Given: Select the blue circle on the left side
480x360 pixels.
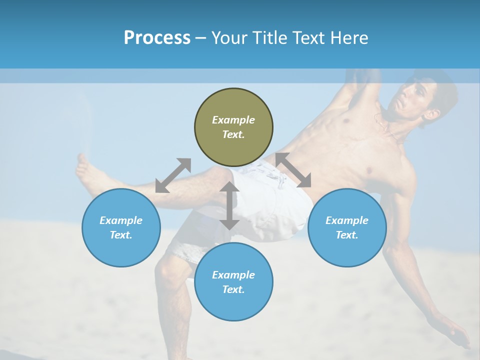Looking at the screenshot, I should coord(121,227).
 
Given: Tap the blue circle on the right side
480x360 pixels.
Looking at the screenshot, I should coord(347,227).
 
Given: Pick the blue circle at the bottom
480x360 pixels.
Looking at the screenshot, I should coord(233,281).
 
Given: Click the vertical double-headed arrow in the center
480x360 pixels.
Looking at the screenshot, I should coord(229,205).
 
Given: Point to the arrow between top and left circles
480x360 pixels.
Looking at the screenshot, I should coord(173,175).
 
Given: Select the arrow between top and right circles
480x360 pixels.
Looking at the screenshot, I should coord(293,170).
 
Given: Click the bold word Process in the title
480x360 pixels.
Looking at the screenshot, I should coord(157,37).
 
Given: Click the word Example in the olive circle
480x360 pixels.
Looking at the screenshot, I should coord(233,120).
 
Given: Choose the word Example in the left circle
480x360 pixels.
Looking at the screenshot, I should coord(121,220).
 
